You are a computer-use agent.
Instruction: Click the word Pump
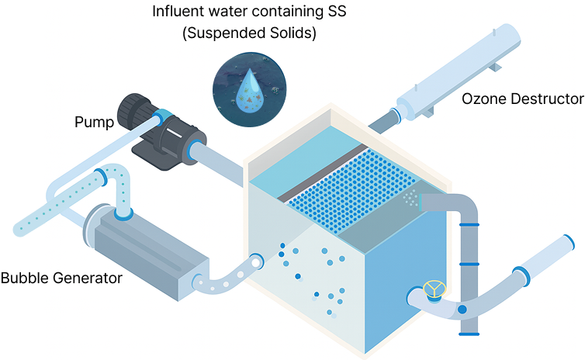click(x=94, y=122)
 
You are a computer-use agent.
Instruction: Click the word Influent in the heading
click(x=178, y=12)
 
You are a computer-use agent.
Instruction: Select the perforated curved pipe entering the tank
click(x=229, y=275)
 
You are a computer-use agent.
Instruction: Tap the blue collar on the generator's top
click(x=123, y=213)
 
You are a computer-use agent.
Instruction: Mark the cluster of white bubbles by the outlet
click(x=409, y=197)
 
